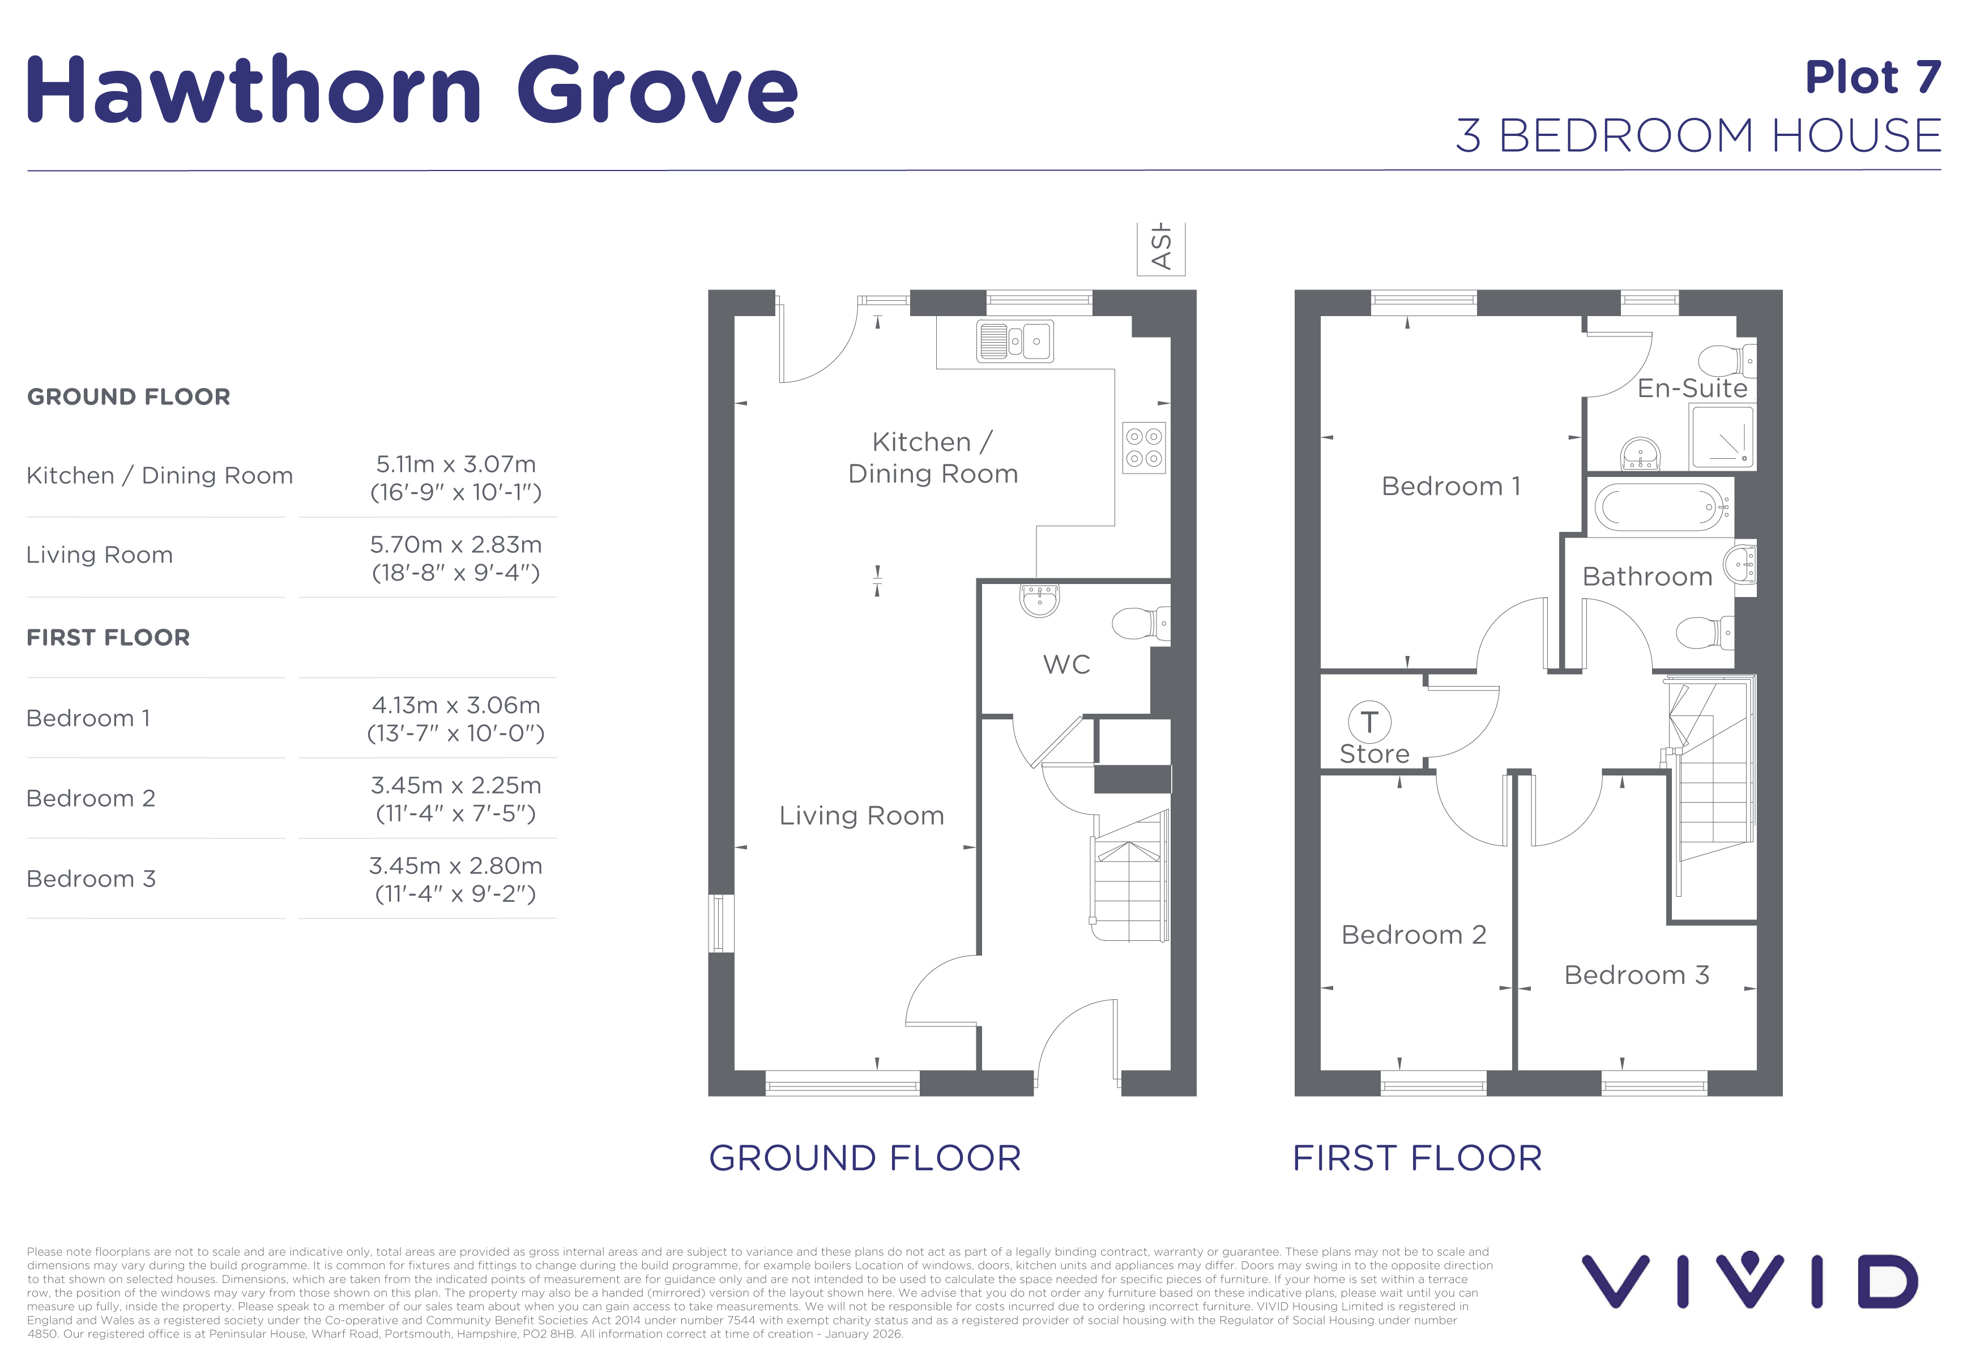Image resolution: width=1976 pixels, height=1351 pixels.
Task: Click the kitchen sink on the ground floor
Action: click(1015, 342)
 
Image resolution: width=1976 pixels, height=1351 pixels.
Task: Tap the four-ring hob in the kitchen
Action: click(1143, 447)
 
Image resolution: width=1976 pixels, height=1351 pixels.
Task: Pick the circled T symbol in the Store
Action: click(1369, 722)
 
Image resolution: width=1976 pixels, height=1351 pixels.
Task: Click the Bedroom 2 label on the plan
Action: click(1413, 935)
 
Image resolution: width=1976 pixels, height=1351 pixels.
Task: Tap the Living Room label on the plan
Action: click(861, 815)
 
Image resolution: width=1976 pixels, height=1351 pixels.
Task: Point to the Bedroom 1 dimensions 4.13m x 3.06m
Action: click(456, 705)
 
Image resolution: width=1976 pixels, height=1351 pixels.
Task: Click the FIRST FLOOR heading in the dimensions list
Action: click(108, 638)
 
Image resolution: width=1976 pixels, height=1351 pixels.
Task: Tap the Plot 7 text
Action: click(1873, 78)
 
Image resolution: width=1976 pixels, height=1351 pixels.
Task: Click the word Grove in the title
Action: click(657, 90)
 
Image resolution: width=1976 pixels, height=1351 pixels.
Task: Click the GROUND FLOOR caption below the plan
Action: click(865, 1158)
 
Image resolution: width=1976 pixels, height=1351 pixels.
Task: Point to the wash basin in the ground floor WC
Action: click(1039, 599)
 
